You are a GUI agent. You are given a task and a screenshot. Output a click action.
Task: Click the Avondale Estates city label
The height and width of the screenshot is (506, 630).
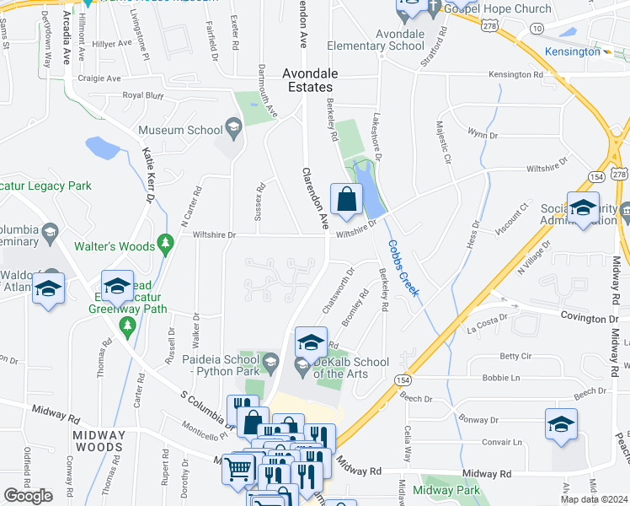(x=307, y=79)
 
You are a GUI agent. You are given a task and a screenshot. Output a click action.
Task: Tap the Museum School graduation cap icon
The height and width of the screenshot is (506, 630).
(x=233, y=130)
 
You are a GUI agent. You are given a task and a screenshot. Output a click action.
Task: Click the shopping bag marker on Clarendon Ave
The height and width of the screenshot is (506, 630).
(x=346, y=201)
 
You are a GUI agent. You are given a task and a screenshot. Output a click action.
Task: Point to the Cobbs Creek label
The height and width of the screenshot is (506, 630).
(x=403, y=267)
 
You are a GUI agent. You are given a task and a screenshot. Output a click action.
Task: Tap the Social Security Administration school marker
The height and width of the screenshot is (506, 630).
(x=583, y=208)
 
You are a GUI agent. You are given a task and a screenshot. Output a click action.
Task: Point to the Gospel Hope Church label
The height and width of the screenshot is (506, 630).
(x=500, y=8)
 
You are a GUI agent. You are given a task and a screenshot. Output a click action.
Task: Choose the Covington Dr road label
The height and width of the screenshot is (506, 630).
(x=590, y=319)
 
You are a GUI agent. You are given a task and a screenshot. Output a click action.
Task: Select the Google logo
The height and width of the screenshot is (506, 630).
(x=28, y=496)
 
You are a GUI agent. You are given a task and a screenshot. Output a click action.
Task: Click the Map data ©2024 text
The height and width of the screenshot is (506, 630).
(x=595, y=498)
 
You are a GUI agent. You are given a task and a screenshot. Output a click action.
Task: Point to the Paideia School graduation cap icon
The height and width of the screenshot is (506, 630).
(x=270, y=363)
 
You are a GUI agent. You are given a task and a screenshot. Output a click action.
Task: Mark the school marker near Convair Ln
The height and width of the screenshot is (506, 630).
(x=561, y=425)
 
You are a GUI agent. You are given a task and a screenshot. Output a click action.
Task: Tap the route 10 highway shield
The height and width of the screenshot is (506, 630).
(x=537, y=29)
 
